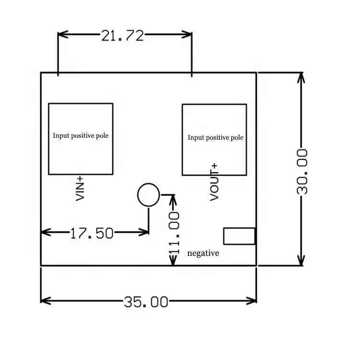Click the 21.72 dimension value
(122, 35)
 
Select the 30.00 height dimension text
(302, 171)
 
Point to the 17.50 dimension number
(92, 233)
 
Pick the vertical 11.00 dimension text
(174, 232)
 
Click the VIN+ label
(80, 188)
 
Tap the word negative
(203, 253)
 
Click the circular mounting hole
(148, 195)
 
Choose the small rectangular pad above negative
(239, 236)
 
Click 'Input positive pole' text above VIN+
(81, 136)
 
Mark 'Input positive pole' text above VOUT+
(216, 138)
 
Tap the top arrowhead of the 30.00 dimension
(301, 77)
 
